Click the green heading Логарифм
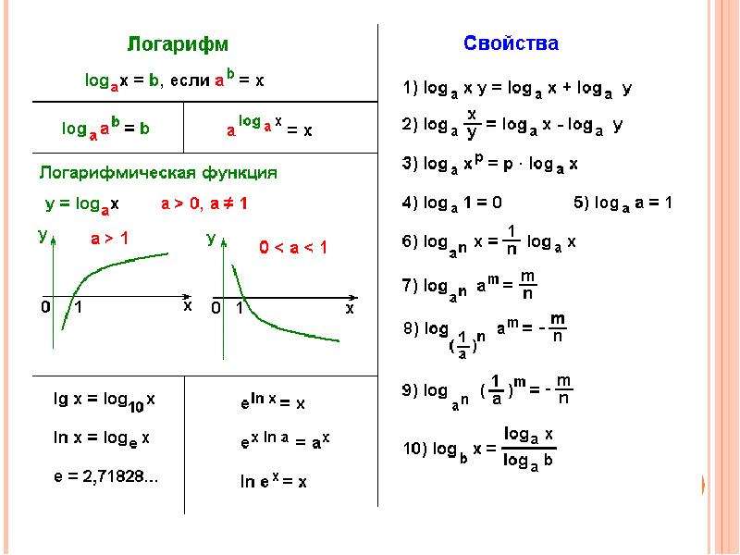(x=178, y=44)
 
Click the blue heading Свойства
(x=512, y=43)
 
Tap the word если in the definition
(x=190, y=80)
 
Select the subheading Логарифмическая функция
(x=158, y=173)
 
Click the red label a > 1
(x=109, y=239)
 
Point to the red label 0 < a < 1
(x=293, y=247)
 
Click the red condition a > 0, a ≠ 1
(x=204, y=203)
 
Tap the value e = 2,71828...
(x=105, y=476)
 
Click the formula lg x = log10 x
(x=105, y=401)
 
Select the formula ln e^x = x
(x=273, y=481)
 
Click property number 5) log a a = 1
(x=623, y=203)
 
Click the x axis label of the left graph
(x=188, y=306)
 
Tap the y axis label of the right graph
(x=212, y=239)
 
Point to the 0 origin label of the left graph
(x=45, y=307)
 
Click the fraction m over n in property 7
(x=527, y=285)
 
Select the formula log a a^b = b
(x=105, y=129)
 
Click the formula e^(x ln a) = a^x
(x=285, y=441)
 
